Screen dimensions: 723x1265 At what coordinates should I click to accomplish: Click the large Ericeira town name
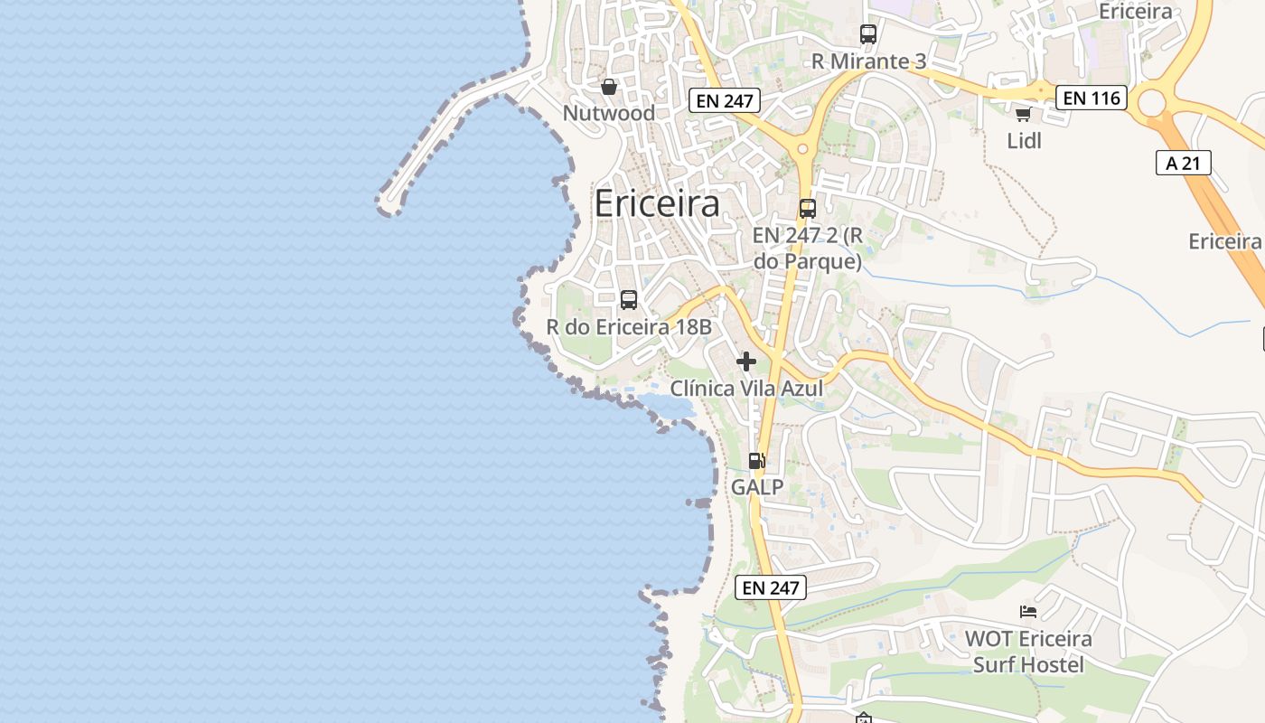coord(657,203)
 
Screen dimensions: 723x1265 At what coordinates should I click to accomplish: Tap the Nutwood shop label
coord(608,113)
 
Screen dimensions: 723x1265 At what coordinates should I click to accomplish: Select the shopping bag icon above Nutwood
coord(609,87)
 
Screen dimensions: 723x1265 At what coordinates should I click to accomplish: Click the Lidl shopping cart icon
coord(1023,114)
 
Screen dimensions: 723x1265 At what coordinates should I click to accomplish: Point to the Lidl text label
coord(1024,141)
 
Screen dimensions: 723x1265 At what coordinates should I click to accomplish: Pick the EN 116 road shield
coord(1092,98)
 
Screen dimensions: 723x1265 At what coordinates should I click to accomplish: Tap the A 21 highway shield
coord(1183,163)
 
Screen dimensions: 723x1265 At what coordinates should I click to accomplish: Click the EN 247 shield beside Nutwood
coord(725,100)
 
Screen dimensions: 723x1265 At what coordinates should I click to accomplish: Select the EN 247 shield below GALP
coord(770,587)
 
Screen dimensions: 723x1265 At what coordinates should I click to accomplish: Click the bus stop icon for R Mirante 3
coord(868,34)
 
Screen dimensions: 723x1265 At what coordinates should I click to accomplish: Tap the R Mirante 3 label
coord(868,61)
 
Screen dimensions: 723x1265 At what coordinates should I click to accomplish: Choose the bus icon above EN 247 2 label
coord(807,209)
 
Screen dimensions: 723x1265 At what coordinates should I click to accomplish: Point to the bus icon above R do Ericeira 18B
coord(629,299)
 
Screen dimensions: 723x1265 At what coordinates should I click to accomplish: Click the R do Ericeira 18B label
coord(629,326)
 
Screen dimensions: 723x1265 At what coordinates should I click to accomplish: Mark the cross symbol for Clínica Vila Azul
coord(746,361)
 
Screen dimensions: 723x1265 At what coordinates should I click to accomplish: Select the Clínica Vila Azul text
coord(746,389)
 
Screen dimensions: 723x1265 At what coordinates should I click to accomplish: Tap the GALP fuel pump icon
coord(756,461)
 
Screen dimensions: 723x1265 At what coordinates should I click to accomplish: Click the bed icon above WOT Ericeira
coord(1028,612)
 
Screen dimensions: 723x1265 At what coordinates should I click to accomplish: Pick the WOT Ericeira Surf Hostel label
coord(1028,652)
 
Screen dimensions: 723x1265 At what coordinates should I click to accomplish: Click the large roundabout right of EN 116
coord(1152,102)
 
